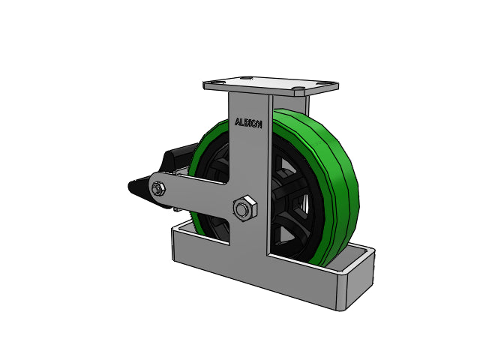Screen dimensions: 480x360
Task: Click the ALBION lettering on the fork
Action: [248, 123]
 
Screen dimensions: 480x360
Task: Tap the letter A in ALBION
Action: [238, 121]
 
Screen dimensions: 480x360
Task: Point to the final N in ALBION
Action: [259, 124]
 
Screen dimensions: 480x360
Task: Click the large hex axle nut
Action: [245, 208]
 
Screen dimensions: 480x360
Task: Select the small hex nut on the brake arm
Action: [158, 189]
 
